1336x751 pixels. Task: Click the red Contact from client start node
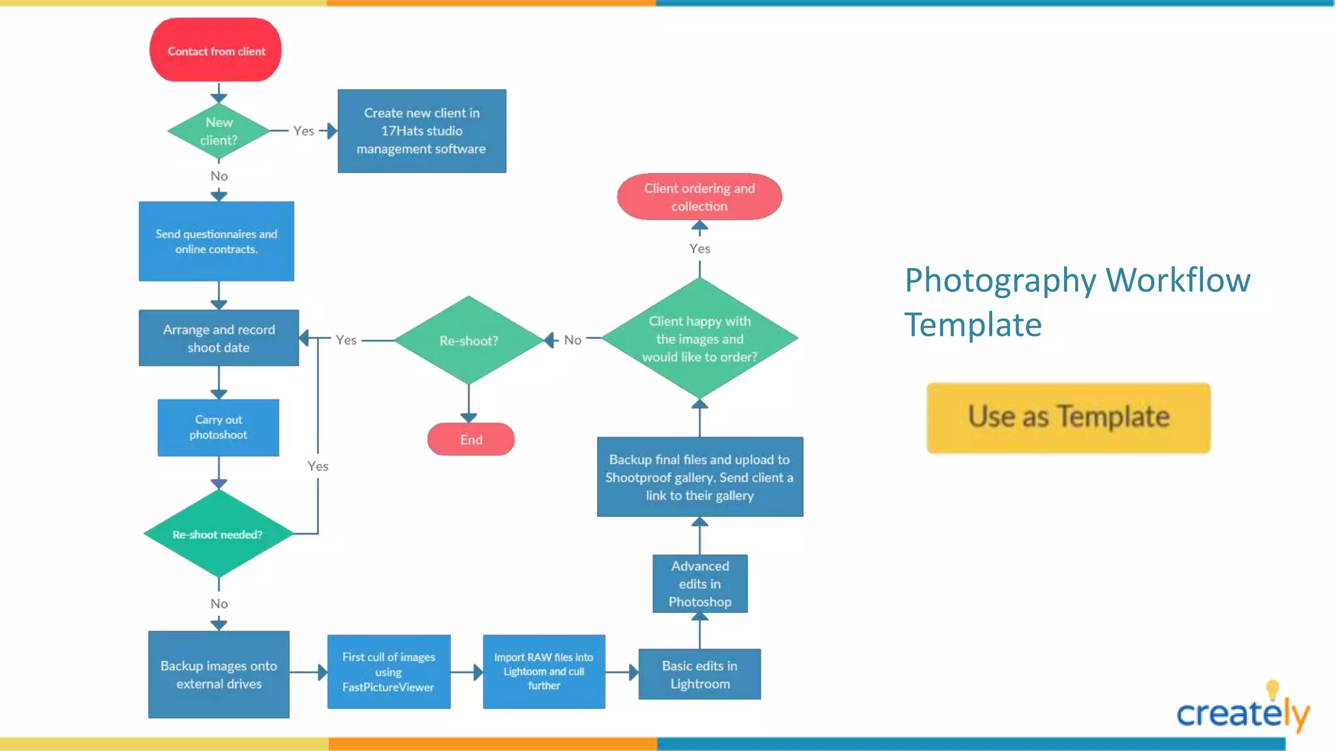(x=216, y=50)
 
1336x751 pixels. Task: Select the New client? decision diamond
(x=219, y=131)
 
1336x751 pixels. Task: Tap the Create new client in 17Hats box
(x=421, y=131)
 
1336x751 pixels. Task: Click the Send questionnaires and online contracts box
(x=216, y=241)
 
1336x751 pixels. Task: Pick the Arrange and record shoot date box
(x=219, y=338)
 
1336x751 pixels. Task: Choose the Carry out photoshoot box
(x=218, y=427)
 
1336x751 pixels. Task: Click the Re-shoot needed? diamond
(x=218, y=534)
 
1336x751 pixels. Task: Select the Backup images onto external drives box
(x=219, y=674)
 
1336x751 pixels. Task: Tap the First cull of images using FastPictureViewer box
(x=388, y=671)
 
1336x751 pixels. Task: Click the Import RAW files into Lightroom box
(x=543, y=671)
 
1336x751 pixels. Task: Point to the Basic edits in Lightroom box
(x=699, y=674)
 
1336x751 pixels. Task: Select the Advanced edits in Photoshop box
(x=700, y=583)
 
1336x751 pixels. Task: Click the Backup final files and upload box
(x=699, y=477)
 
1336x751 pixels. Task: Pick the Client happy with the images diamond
(x=699, y=338)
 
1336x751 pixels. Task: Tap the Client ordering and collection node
(x=699, y=197)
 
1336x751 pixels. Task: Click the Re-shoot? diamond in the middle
(x=468, y=340)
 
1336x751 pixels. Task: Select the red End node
(x=471, y=439)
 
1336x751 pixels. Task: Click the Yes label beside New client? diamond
(x=303, y=131)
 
